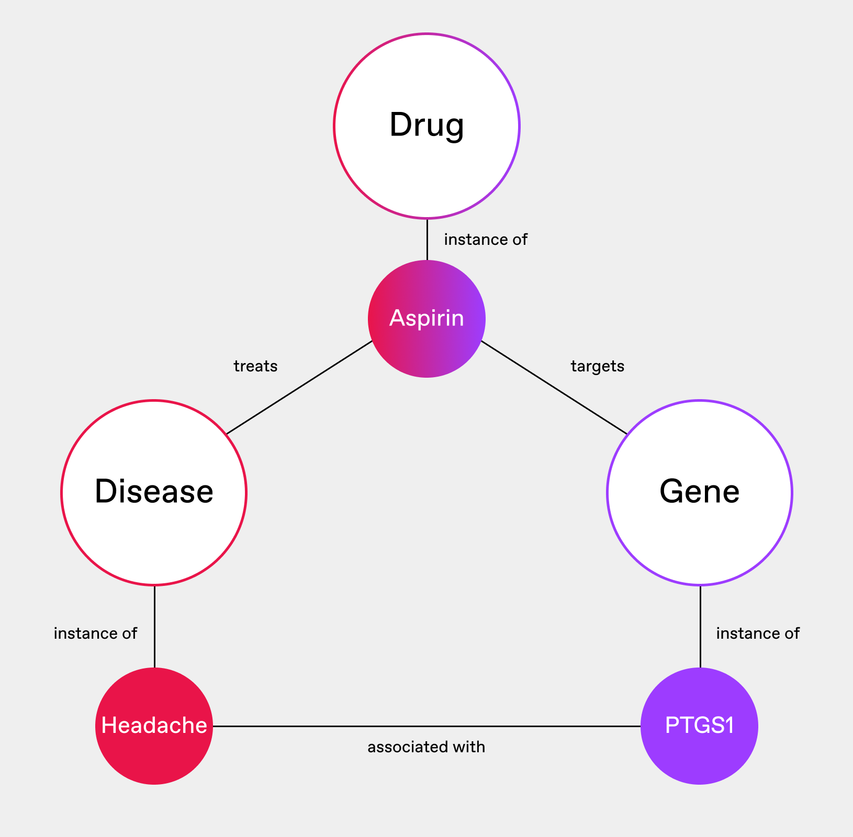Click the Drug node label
pyautogui.click(x=426, y=126)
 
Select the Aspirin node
pyautogui.click(x=426, y=319)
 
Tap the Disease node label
pyautogui.click(x=154, y=492)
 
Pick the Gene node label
pyautogui.click(x=699, y=492)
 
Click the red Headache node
pyautogui.click(x=154, y=726)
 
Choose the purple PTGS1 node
pyautogui.click(x=699, y=726)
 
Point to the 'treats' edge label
pyautogui.click(x=255, y=366)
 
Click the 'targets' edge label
pyautogui.click(x=598, y=366)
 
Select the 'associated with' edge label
pyautogui.click(x=426, y=747)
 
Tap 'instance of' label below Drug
pyautogui.click(x=486, y=240)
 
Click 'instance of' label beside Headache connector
pyautogui.click(x=95, y=634)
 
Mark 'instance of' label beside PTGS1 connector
pyautogui.click(x=758, y=634)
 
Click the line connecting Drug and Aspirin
pyautogui.click(x=427, y=239)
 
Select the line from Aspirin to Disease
pyautogui.click(x=299, y=388)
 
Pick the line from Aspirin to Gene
pyautogui.click(x=554, y=387)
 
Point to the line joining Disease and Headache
pyautogui.click(x=154, y=626)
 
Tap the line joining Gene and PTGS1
pyautogui.click(x=700, y=626)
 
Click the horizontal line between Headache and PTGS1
pyautogui.click(x=426, y=726)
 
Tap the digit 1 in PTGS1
pyautogui.click(x=728, y=726)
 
